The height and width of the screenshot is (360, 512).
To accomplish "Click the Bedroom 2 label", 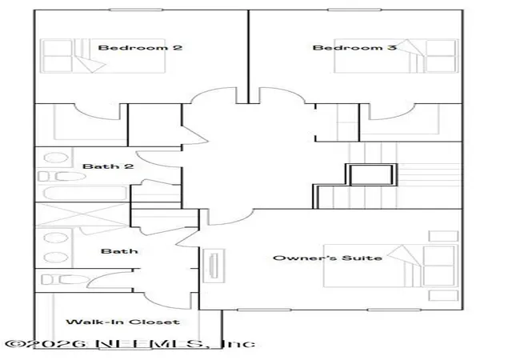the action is (x=140, y=48).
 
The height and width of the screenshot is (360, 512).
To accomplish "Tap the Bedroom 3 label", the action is (x=354, y=48).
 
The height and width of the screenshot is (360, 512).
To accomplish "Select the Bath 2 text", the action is (x=108, y=166).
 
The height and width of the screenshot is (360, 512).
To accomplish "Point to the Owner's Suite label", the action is (x=327, y=258).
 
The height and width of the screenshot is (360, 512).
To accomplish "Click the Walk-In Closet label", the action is (x=122, y=322).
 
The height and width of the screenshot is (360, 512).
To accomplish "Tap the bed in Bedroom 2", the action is (x=102, y=56).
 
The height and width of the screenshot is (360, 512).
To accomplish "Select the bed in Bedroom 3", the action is (x=396, y=56).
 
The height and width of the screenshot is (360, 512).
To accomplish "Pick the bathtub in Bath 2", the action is (x=85, y=194).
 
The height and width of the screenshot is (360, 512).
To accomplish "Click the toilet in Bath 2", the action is (x=62, y=177).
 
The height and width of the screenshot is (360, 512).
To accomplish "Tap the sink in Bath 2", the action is (x=56, y=158).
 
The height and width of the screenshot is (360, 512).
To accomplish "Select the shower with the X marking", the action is (x=82, y=214).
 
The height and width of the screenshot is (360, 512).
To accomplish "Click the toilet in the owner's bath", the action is (x=66, y=280).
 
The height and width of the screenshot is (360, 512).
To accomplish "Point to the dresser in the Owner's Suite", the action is (x=214, y=266).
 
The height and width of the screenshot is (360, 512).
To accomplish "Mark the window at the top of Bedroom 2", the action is (x=135, y=10).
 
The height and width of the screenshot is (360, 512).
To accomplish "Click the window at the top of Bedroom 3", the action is (x=354, y=10).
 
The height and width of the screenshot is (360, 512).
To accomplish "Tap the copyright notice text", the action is (x=130, y=344).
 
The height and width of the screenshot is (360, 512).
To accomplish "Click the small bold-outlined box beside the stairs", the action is (x=371, y=174).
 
